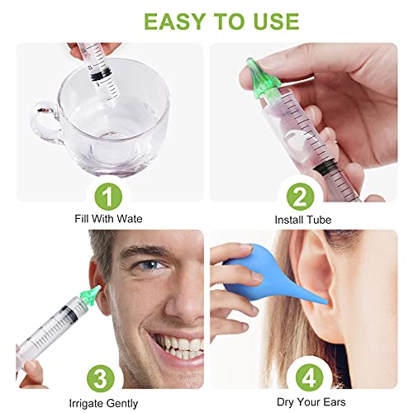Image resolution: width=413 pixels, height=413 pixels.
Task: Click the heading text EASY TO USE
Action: pyautogui.click(x=206, y=20)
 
